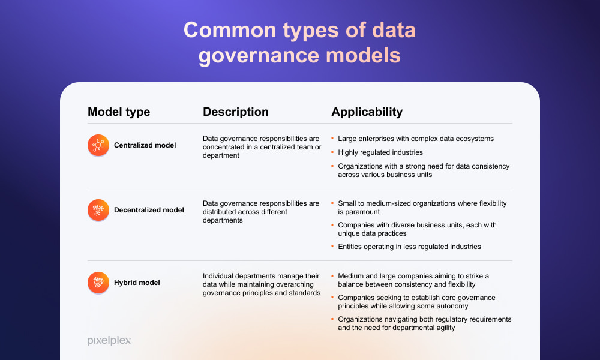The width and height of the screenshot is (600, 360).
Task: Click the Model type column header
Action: tap(119, 112)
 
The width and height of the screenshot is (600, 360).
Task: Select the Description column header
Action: tap(236, 112)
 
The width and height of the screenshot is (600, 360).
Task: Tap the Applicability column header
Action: tap(367, 112)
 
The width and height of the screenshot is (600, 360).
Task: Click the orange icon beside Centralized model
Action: tap(98, 145)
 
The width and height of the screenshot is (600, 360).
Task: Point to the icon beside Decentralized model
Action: tap(98, 210)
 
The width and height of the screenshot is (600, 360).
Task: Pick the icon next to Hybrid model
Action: tap(98, 283)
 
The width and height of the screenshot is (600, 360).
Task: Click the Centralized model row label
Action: tap(145, 145)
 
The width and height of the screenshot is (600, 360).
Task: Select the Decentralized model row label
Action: tap(149, 210)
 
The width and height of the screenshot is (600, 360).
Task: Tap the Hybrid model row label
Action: tap(137, 283)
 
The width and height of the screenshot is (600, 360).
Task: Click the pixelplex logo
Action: tap(109, 340)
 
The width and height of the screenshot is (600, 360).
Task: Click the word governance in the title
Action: tap(259, 56)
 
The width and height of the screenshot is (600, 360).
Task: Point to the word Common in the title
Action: tap(230, 30)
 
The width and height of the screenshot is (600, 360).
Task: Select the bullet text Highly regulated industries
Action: tap(380, 152)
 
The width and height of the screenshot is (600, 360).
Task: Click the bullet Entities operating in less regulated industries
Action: tap(409, 247)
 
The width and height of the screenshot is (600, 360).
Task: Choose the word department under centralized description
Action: tap(221, 156)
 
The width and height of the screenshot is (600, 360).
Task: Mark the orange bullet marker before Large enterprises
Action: tap(332, 139)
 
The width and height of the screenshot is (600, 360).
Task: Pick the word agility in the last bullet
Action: tap(445, 328)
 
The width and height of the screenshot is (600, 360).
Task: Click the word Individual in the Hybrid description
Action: tap(217, 276)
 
